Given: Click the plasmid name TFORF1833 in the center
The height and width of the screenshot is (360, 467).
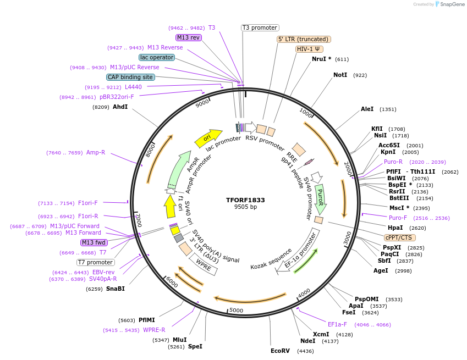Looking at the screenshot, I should tap(245, 200).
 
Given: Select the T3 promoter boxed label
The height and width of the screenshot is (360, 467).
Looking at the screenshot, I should tap(260, 27).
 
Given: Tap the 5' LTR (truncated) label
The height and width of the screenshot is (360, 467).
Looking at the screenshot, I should tap(303, 39).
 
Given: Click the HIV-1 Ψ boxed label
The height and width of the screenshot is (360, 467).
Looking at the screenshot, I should tap(309, 49).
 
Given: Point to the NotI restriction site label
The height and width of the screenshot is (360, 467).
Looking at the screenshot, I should tap(340, 75).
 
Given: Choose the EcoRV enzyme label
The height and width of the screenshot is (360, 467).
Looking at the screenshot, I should tap(280, 351).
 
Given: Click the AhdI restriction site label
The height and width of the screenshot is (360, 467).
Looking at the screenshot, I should tap(120, 107).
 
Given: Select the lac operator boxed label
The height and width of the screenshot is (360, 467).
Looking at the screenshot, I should tap(157, 57).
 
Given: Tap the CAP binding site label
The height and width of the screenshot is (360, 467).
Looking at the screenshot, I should tap(130, 77).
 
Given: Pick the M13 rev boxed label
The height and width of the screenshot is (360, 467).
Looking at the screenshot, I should tap(189, 37).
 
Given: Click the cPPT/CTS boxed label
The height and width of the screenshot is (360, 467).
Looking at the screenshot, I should tap(400, 237).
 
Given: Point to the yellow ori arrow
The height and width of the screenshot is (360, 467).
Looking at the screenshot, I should tap(208, 138).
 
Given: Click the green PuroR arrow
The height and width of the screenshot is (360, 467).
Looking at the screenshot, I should tap(321, 199).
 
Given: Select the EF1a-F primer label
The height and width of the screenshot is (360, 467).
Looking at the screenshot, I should tap(337, 324).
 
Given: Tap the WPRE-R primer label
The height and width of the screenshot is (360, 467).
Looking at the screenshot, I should tap(154, 330).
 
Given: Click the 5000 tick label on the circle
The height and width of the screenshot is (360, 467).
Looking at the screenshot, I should tap(236, 311).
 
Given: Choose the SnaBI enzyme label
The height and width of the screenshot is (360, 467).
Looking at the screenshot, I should tap(116, 289).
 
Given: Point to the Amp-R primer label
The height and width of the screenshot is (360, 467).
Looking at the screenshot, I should tap(96, 153).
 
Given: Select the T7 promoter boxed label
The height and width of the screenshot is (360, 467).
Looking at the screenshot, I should tap(96, 262).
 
